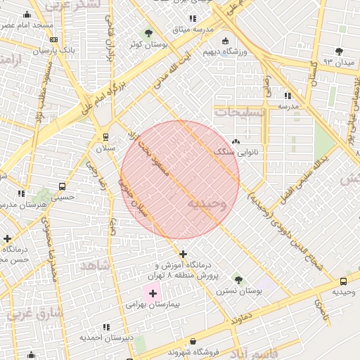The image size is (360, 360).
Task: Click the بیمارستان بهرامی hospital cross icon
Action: pyautogui.click(x=153, y=292)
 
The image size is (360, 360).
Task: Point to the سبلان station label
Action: pyautogui.click(x=105, y=148)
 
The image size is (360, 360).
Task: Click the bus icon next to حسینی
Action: pyautogui.click(x=63, y=187)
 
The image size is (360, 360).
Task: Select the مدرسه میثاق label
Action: pyautogui.click(x=193, y=30)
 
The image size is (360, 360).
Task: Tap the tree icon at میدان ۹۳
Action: pyautogui.click(x=340, y=51)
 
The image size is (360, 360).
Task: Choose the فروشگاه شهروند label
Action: pyautogui.click(x=201, y=351)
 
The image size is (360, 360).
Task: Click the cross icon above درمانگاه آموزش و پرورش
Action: pyautogui.click(x=183, y=254)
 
